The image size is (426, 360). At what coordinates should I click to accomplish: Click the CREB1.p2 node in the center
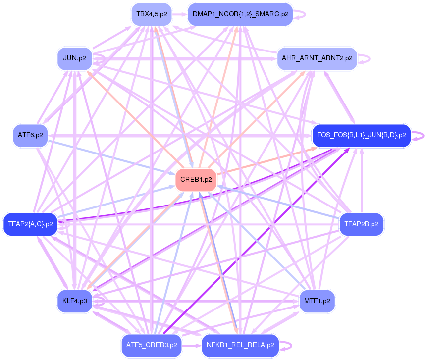(x=196, y=180)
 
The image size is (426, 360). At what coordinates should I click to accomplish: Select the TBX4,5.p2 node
(x=151, y=14)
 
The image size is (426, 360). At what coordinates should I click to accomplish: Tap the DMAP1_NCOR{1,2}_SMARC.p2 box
(x=240, y=14)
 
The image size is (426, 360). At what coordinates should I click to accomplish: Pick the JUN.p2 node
(x=75, y=58)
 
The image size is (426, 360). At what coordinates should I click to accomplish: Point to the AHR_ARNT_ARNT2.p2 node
(x=317, y=58)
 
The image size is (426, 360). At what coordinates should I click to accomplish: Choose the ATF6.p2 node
(x=30, y=135)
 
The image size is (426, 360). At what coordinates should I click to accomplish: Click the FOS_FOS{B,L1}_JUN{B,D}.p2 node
(x=362, y=135)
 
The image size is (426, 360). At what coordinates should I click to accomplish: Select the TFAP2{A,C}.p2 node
(x=30, y=224)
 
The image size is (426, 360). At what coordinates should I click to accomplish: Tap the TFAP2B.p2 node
(x=362, y=224)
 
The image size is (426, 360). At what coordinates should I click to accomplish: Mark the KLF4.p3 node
(x=75, y=301)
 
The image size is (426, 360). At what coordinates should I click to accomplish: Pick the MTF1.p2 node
(x=317, y=301)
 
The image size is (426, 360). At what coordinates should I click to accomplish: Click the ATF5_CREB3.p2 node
(x=151, y=345)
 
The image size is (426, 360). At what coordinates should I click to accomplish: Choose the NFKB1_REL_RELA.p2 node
(x=240, y=345)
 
